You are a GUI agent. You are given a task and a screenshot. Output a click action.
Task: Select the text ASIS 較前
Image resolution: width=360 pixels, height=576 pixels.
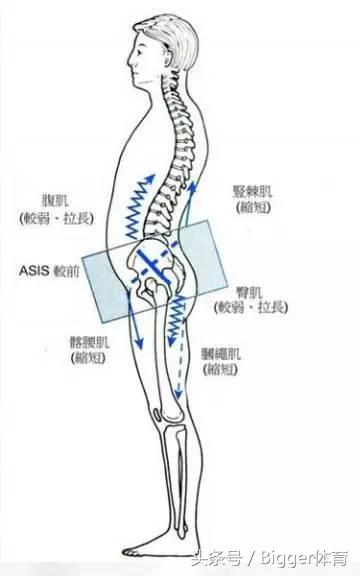(49, 270)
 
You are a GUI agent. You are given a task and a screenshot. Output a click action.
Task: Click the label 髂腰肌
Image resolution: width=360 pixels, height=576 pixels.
(63, 353)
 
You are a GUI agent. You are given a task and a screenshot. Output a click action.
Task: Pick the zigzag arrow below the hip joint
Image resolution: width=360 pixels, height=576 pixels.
(176, 320)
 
